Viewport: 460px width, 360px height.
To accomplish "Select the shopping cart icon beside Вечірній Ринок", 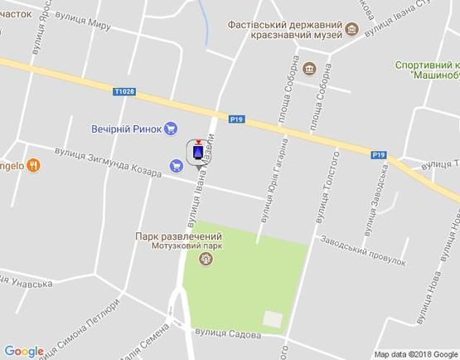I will click(171, 128).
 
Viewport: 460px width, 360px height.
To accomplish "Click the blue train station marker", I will click(198, 153).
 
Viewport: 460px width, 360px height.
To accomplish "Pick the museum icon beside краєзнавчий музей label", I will click(351, 30).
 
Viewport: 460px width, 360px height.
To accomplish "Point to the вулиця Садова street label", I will click(228, 334).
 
